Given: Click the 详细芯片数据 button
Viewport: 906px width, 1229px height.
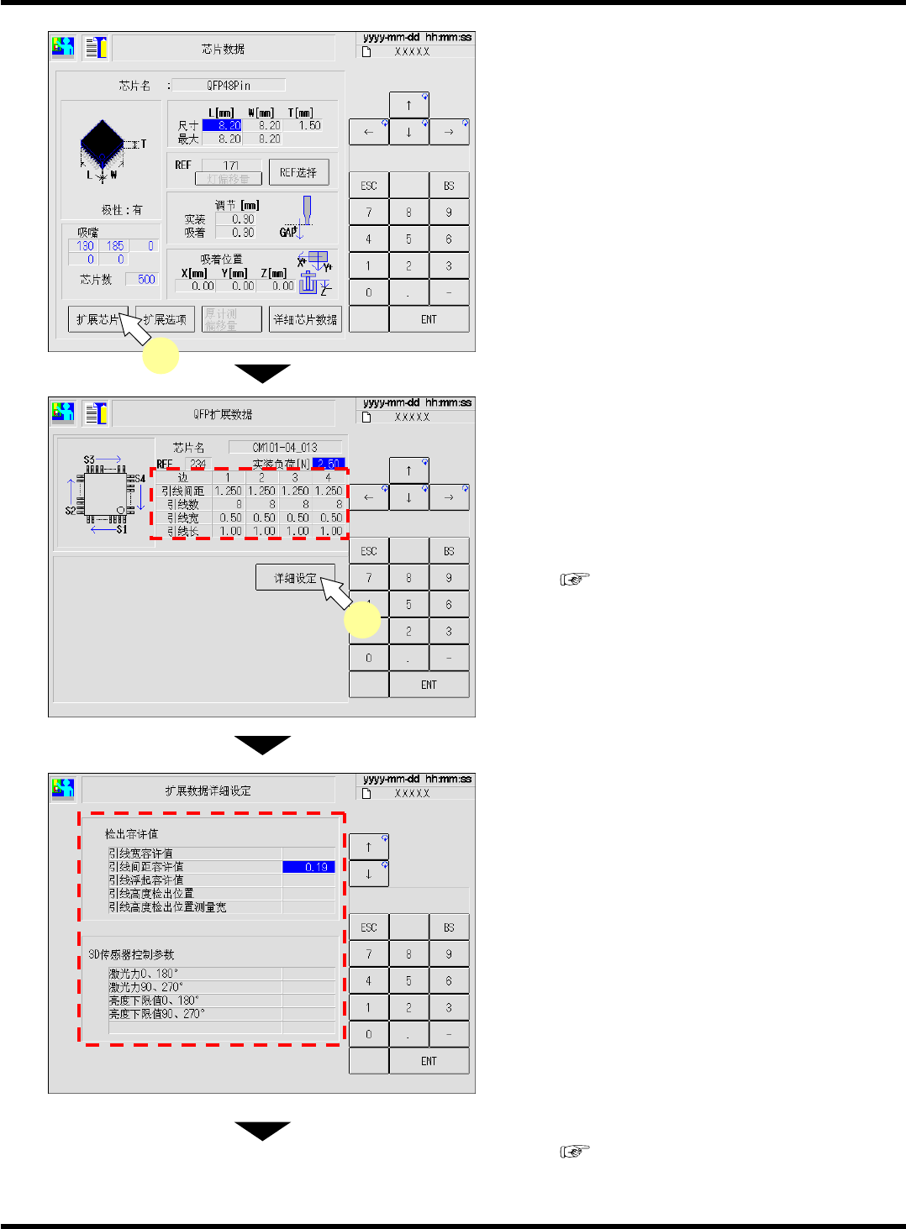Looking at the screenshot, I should pos(305,319).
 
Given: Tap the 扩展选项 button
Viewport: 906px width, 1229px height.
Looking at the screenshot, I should pos(166,319).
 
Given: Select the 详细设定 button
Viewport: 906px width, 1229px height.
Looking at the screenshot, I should pos(295,578).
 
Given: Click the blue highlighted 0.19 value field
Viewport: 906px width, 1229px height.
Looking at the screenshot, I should pos(308,867).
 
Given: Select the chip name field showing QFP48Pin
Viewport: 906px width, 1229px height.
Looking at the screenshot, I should pos(229,85).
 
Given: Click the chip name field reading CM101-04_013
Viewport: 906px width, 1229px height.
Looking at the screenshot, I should pos(285,447).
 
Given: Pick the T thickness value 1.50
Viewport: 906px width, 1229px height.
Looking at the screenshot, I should pos(308,125).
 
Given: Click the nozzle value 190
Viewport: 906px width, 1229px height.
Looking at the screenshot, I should pos(85,246).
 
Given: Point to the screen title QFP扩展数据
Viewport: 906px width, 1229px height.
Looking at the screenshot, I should pos(223,414).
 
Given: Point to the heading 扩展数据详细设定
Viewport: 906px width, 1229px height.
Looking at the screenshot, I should pos(208,790).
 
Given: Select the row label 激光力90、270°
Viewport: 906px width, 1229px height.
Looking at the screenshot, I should pos(145,987).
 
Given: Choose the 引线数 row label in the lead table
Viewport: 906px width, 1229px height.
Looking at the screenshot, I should pos(182,504).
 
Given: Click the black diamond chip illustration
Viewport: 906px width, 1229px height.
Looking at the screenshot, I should pos(102,141).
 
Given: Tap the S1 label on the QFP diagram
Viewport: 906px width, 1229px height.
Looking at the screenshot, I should pos(122,529).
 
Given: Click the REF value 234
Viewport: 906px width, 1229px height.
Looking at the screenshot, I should pos(198,464).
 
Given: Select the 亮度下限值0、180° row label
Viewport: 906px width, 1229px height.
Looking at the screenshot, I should pos(153,1001).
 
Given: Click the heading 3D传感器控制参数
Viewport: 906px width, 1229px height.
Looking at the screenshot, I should pos(131,954).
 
